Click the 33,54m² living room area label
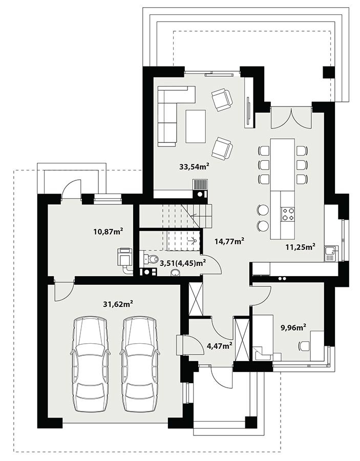click(194, 166)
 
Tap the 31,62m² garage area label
click(118, 304)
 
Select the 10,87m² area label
click(108, 232)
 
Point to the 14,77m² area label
click(229, 241)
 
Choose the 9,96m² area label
click(294, 327)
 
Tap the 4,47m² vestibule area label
click(220, 345)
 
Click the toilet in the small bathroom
click(151, 258)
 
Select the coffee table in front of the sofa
click(196, 126)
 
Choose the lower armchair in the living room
click(222, 149)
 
